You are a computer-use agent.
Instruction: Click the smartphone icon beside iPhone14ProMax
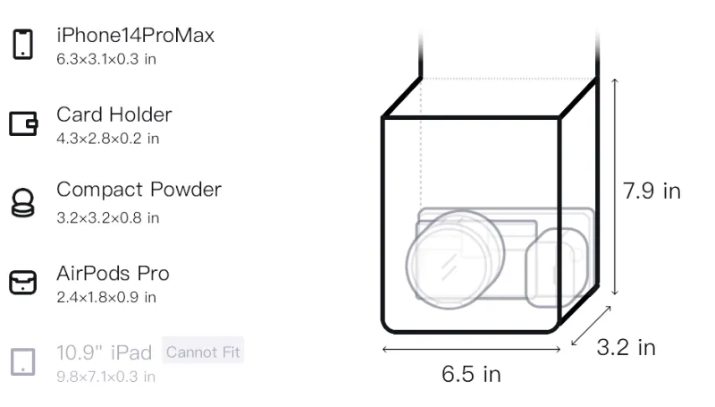[x=23, y=44]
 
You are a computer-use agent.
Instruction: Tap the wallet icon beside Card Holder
[x=23, y=123]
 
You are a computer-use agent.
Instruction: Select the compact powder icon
[x=23, y=202]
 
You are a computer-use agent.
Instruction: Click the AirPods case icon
[x=23, y=283]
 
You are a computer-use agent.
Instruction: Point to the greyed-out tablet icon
[x=23, y=362]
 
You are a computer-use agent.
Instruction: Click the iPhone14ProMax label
[x=136, y=36]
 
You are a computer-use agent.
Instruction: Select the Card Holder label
[x=114, y=114]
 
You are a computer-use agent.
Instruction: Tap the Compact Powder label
[x=139, y=190]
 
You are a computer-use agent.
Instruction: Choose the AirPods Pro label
[x=114, y=274]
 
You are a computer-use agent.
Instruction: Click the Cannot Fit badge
[x=203, y=352]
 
